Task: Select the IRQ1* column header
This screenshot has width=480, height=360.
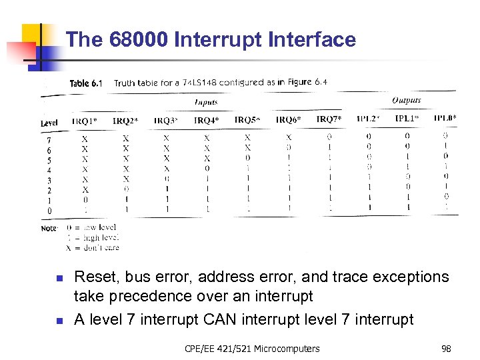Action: pos(85,120)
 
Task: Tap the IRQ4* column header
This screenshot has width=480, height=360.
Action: pos(206,120)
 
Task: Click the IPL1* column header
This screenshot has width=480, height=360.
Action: pos(407,119)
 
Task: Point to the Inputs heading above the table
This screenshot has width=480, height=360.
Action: pos(206,103)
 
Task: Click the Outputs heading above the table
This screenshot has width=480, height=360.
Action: pos(406,101)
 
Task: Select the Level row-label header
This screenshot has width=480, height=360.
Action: pos(49,123)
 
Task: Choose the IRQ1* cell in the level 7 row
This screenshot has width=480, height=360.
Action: pos(85,139)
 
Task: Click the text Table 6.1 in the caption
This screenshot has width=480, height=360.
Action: pos(86,83)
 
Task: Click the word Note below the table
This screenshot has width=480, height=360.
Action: pos(49,229)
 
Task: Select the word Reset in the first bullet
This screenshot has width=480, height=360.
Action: pos(95,277)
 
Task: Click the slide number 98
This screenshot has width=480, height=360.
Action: pos(446,349)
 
